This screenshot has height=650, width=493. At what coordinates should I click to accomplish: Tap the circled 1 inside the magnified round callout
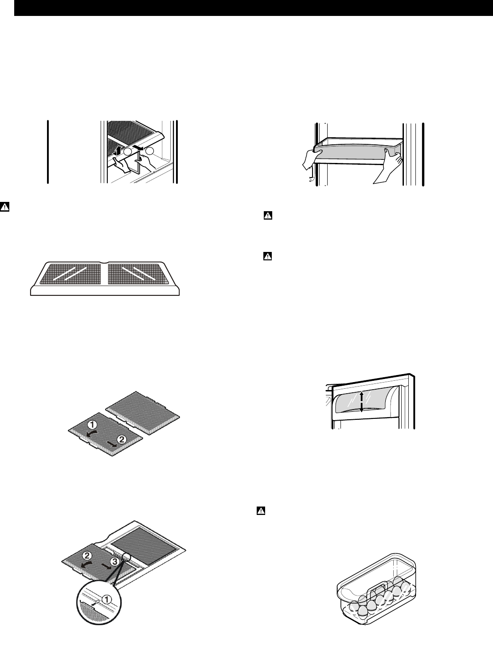coord(106,598)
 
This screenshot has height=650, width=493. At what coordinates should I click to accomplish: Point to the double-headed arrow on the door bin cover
coord(361,402)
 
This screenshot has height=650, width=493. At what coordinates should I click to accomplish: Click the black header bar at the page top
coord(253,8)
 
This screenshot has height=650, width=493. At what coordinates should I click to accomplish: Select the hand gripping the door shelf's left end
coord(310,160)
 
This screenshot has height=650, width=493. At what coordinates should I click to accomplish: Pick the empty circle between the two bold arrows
coord(127,151)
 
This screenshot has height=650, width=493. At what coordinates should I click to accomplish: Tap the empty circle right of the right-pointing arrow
coord(149,151)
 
